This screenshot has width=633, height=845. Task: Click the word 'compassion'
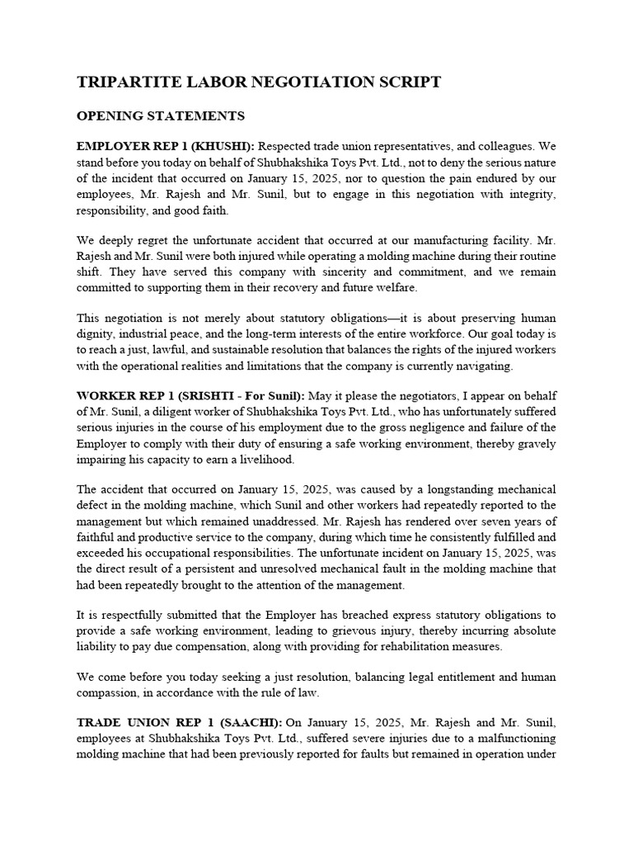pos(109,692)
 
